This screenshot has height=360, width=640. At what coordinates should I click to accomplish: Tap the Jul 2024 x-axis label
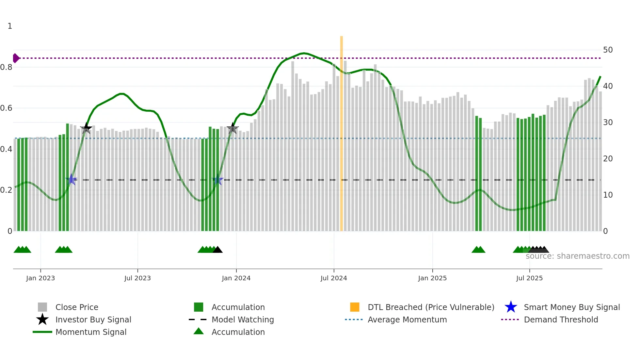pyautogui.click(x=334, y=278)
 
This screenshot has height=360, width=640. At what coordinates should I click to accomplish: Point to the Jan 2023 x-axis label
pyautogui.click(x=40, y=278)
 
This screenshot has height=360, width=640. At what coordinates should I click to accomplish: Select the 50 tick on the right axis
pyautogui.click(x=608, y=50)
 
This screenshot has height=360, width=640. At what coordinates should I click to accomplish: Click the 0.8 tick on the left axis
pyautogui.click(x=6, y=67)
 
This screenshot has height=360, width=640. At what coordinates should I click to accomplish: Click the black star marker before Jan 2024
pyautogui.click(x=232, y=128)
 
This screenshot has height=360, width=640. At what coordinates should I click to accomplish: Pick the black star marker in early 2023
pyautogui.click(x=86, y=128)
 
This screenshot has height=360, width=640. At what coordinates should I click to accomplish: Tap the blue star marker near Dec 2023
pyautogui.click(x=217, y=180)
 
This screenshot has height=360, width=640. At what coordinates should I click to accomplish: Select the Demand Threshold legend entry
pyautogui.click(x=561, y=319)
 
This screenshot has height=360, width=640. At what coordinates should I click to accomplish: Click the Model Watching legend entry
pyautogui.click(x=242, y=319)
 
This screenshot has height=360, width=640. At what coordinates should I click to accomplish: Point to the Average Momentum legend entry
pyautogui.click(x=407, y=319)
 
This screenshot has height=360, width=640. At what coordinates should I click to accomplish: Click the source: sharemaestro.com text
pyautogui.click(x=577, y=256)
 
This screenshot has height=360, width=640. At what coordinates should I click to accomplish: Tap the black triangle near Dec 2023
pyautogui.click(x=217, y=250)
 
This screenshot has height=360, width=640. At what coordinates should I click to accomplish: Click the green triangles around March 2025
pyautogui.click(x=478, y=250)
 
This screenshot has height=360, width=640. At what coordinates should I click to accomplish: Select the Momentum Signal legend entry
pyautogui.click(x=91, y=332)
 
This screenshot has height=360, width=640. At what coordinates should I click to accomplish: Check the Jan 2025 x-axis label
pyautogui.click(x=432, y=278)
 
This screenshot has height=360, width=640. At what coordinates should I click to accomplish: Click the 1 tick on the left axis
pyautogui.click(x=10, y=26)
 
